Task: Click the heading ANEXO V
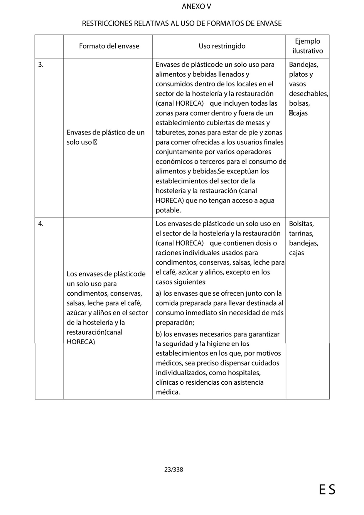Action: point(196,7)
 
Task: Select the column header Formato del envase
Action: point(109,46)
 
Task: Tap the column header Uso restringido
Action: point(222,46)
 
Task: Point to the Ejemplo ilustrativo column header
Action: point(307,46)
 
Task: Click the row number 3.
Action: point(41,65)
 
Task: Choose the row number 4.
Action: point(41,224)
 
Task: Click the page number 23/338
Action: point(174,470)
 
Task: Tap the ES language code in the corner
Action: point(327,490)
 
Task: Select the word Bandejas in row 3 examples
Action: point(303,65)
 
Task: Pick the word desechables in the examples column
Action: point(308,94)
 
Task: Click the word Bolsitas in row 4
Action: point(301,224)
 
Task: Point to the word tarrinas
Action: point(301,233)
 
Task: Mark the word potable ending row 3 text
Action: point(168,210)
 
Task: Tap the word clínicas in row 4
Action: point(167,382)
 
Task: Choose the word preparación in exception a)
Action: point(174,323)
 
